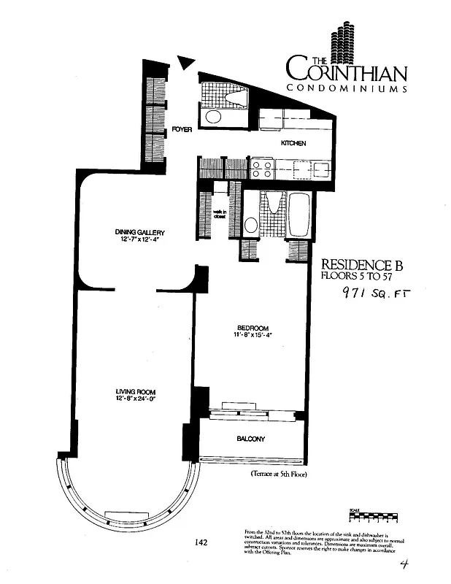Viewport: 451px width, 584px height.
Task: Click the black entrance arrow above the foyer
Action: coord(187,65)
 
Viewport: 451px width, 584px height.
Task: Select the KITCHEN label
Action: coord(293,143)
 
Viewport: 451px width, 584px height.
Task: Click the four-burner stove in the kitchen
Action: coord(262,169)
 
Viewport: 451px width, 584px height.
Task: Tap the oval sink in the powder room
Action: coord(214,116)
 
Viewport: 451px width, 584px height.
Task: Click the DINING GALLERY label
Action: coord(134,232)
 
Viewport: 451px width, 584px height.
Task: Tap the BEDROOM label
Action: coord(253,327)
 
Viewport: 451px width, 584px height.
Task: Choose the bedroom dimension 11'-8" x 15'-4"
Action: coord(253,336)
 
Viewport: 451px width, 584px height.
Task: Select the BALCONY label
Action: coord(250,439)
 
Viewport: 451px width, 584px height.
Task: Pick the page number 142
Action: coord(202,542)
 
